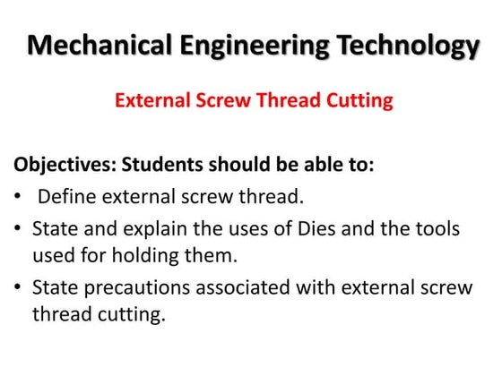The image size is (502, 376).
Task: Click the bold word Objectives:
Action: click(x=64, y=166)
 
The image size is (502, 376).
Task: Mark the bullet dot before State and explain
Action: click(x=19, y=229)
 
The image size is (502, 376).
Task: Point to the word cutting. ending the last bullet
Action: click(x=134, y=316)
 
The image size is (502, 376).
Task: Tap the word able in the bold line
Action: click(x=308, y=166)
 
